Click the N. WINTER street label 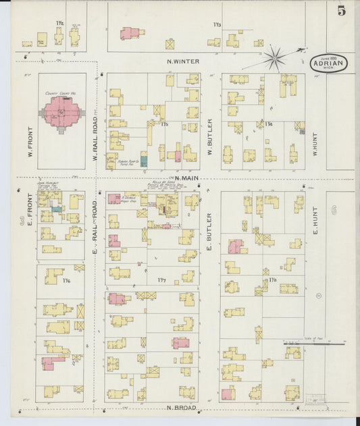click(x=183, y=61)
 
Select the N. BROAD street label click(x=181, y=408)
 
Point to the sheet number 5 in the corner click(x=342, y=10)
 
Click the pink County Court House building click(x=65, y=111)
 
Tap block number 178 click(x=273, y=279)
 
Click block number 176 click(x=66, y=280)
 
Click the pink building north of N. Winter click(x=129, y=33)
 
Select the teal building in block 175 click(x=143, y=162)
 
